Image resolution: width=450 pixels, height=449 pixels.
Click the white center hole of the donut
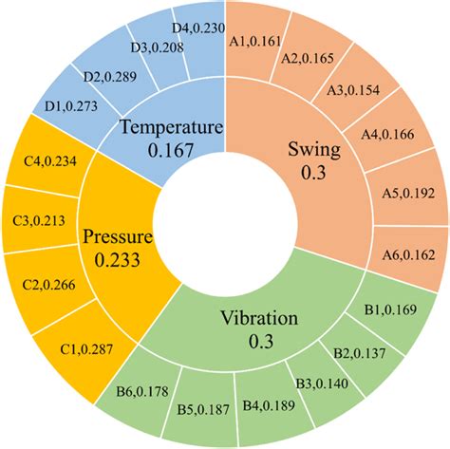[x=224, y=224]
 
